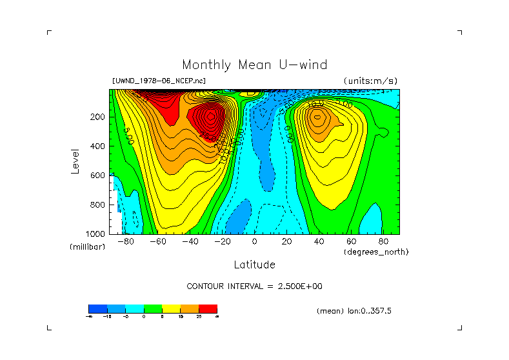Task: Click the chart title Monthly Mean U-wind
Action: [x=254, y=65]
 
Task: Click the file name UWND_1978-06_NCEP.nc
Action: [x=159, y=81]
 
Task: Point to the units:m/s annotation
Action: [x=370, y=81]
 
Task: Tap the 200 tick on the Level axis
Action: [x=99, y=117]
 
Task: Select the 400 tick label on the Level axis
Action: [x=99, y=146]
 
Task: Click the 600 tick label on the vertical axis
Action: [x=99, y=175]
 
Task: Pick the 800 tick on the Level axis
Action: [x=99, y=205]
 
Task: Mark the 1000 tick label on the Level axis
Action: [x=97, y=234]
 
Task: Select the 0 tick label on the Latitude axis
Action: [x=254, y=241]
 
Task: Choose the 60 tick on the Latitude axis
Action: [x=351, y=241]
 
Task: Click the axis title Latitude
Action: [x=254, y=265]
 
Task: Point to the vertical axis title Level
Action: [x=76, y=161]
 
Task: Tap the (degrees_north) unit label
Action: [x=376, y=252]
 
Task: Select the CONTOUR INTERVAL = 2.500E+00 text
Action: [x=254, y=286]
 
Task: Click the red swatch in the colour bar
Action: [x=208, y=308]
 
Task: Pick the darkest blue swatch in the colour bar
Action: [x=97, y=308]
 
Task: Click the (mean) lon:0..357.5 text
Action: [x=354, y=311]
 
